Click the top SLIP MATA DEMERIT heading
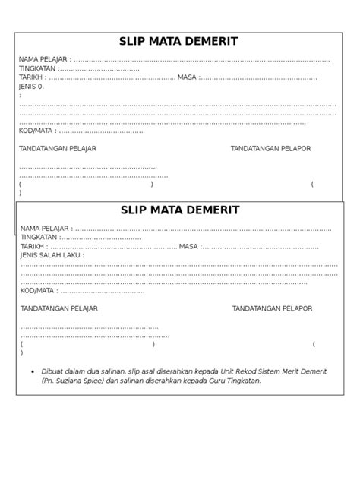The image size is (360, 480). (x=180, y=42)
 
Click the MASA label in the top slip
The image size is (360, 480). (x=187, y=77)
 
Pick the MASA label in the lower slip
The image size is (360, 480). (x=188, y=247)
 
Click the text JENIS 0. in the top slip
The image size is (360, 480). (x=31, y=87)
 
